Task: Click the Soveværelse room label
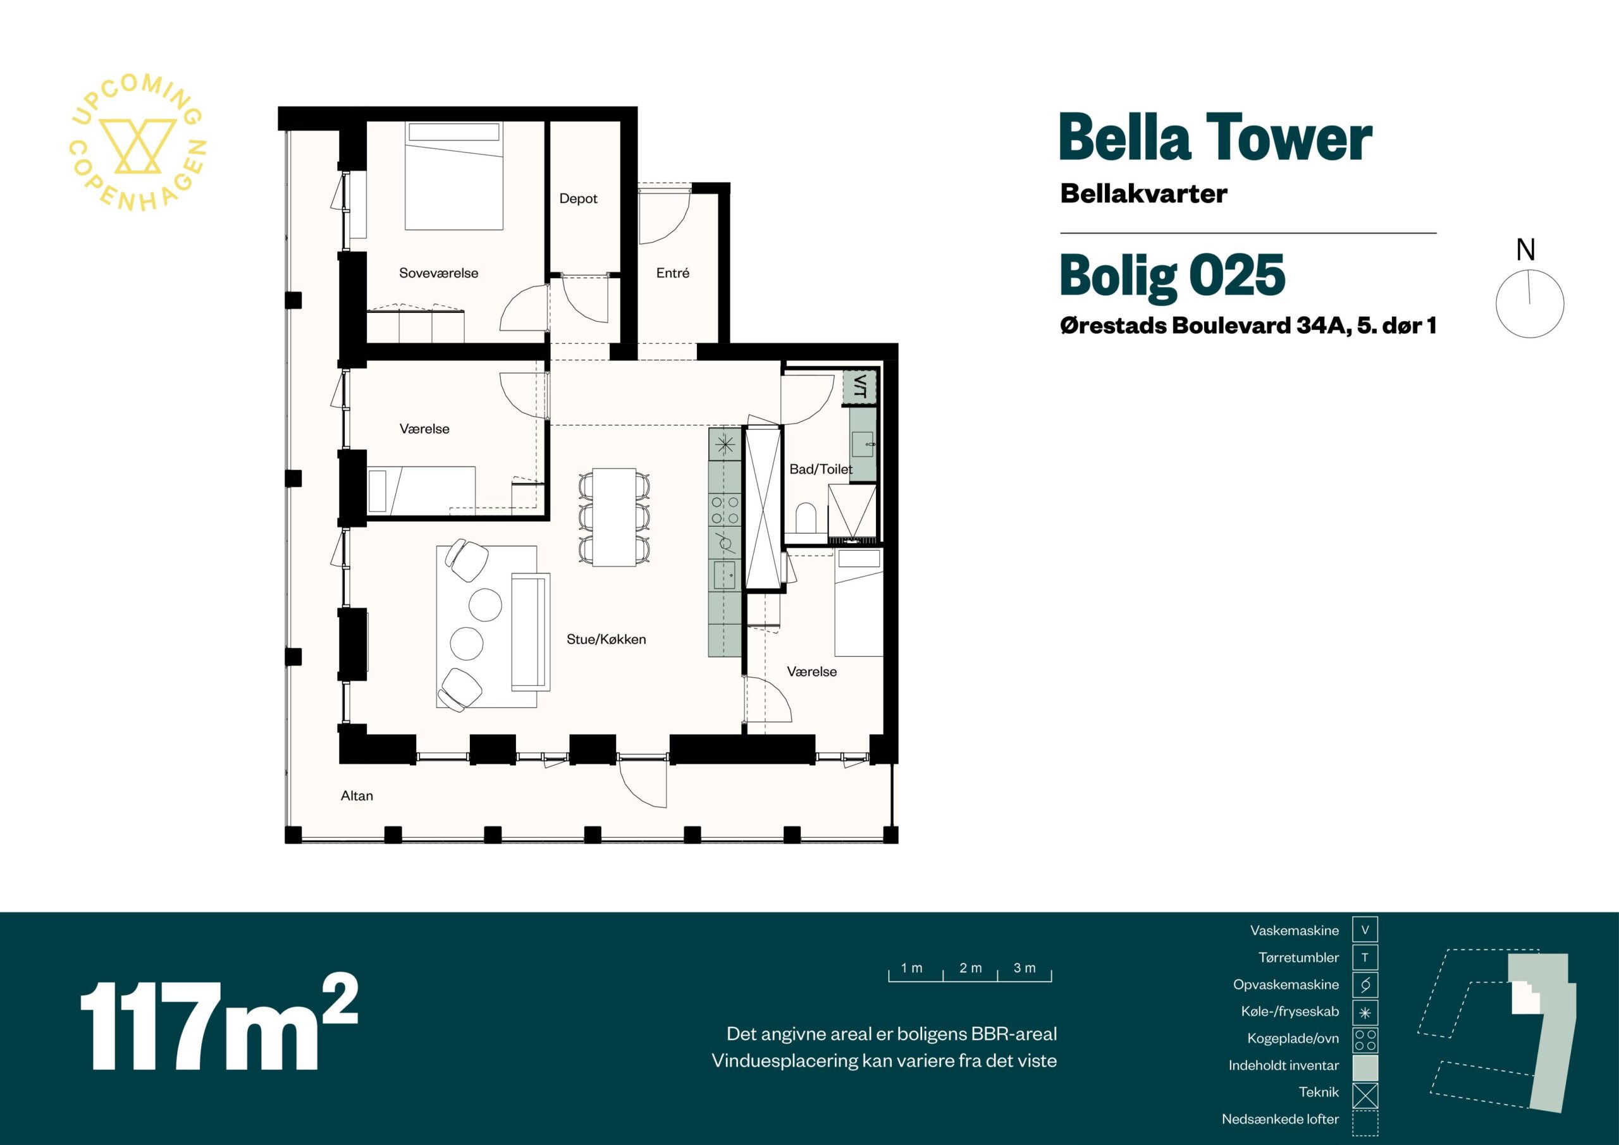439,274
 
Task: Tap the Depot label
578,199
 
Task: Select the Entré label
673,273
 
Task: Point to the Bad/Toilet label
821,469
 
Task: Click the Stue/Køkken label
606,639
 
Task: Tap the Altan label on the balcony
357,796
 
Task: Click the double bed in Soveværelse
454,176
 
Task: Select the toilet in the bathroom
805,518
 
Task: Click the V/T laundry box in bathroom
859,386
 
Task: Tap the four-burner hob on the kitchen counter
725,510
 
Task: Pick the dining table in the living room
614,517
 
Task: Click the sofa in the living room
530,631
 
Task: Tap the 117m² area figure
219,1024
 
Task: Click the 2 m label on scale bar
970,968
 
